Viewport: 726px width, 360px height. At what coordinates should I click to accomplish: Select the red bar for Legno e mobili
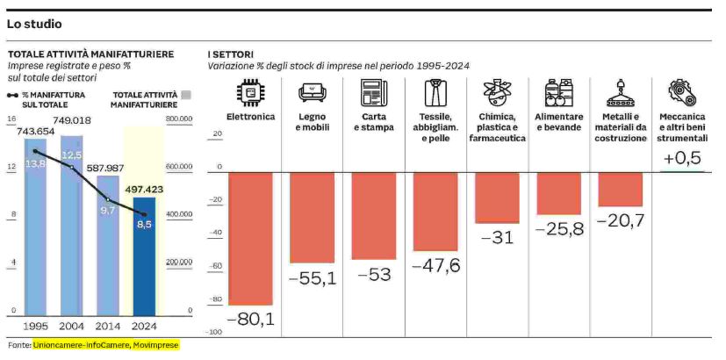pyautogui.click(x=312, y=217)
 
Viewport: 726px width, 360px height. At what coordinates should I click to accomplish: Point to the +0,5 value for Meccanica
pyautogui.click(x=682, y=158)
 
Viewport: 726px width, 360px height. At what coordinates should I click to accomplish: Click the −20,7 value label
pyautogui.click(x=620, y=220)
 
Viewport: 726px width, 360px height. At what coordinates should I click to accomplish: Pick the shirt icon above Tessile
pyautogui.click(x=435, y=92)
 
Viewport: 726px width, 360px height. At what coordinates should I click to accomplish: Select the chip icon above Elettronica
pyautogui.click(x=251, y=92)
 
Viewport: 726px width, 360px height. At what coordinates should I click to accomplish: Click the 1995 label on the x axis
pyautogui.click(x=36, y=326)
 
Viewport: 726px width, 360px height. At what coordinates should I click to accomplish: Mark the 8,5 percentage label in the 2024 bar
pyautogui.click(x=144, y=224)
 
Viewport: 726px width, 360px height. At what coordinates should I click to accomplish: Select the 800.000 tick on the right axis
pyautogui.click(x=178, y=119)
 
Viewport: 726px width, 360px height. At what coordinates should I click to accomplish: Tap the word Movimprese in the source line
pyautogui.click(x=155, y=345)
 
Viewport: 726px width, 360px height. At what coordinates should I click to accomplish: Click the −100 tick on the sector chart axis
pyautogui.click(x=214, y=332)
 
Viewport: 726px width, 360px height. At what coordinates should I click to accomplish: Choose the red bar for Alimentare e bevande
pyautogui.click(x=558, y=193)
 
